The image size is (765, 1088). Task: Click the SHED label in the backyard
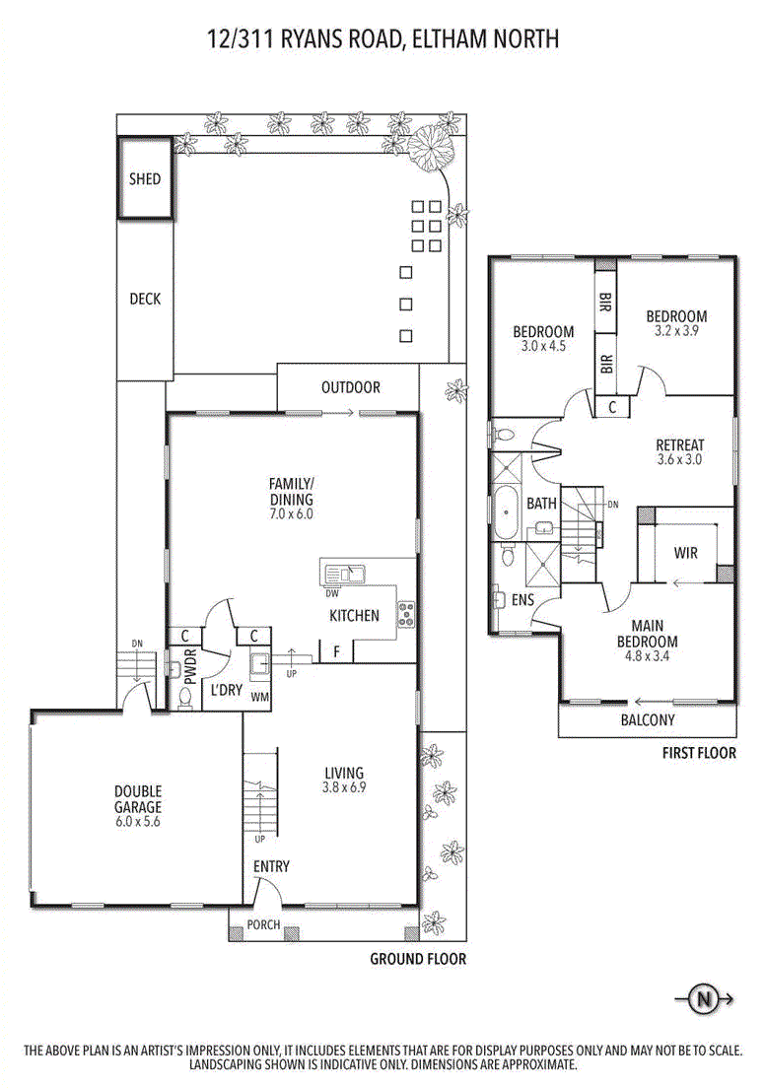pos(145,179)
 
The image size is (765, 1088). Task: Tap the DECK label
pos(145,300)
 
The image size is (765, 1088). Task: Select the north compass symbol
pos(704,999)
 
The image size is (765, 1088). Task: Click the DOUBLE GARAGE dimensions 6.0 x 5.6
pos(137,821)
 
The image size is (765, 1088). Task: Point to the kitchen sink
pos(343,573)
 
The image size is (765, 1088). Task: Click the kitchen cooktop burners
pos(405,615)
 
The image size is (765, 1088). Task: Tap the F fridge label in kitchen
pos(336,651)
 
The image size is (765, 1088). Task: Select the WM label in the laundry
pos(261,696)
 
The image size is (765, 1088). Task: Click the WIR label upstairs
pos(686,553)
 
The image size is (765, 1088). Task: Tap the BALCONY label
pos(648,719)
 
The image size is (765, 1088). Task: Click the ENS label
pos(522,599)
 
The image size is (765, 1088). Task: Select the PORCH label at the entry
pos(263,925)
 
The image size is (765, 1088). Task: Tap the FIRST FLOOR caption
pos(700,753)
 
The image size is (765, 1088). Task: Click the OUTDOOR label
pos(350,387)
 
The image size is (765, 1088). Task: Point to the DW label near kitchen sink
pos(332,593)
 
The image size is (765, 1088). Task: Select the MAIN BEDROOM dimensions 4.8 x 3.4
pos(647,655)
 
